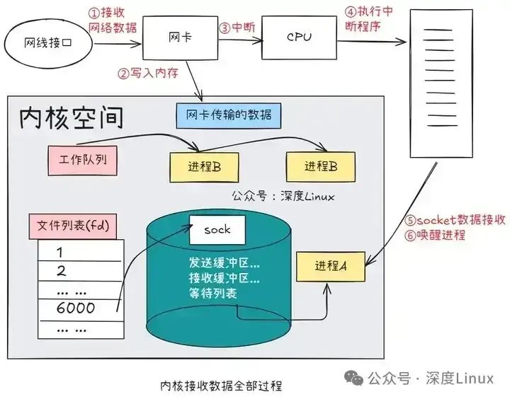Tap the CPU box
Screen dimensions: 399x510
pos(298,37)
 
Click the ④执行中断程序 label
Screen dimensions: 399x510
pos(370,19)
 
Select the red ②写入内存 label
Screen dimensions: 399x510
pos(149,73)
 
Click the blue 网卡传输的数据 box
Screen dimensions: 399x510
pos(228,114)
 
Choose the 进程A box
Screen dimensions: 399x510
pos(330,266)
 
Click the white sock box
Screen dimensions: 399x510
pos(217,230)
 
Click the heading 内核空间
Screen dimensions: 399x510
pos(75,118)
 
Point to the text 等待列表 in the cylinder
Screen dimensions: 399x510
pos(212,293)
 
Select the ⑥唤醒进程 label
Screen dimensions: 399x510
pos(435,235)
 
